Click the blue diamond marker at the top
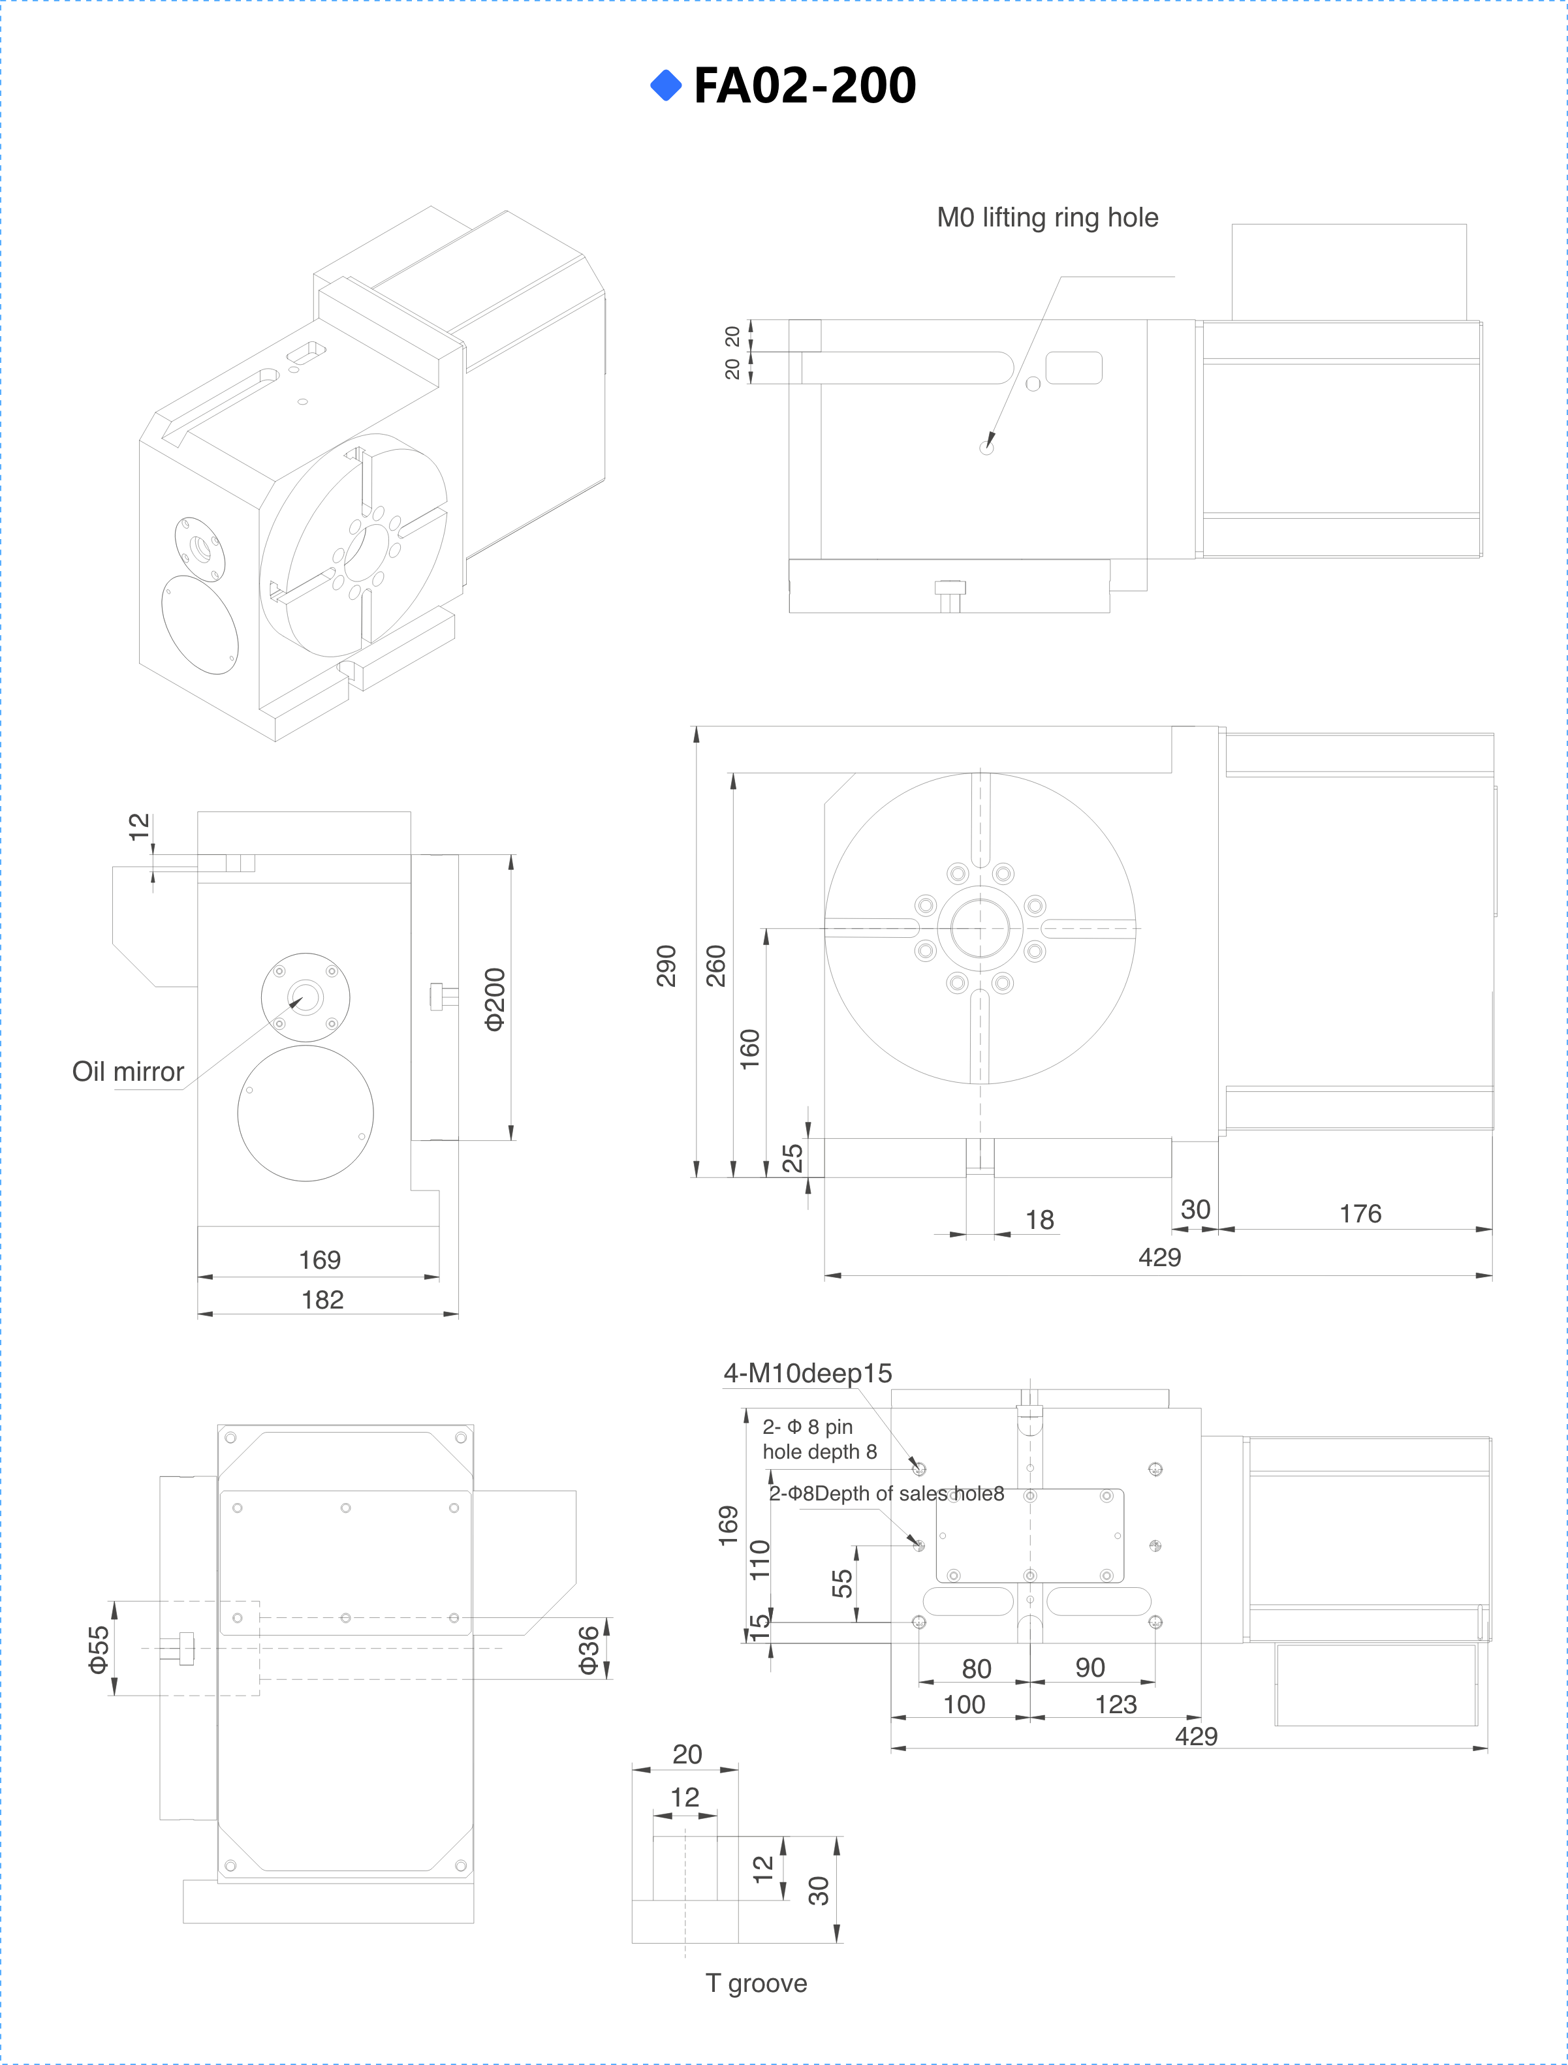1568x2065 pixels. pos(666,85)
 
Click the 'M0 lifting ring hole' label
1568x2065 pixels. pos(1047,217)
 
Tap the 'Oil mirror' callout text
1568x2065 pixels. pos(128,1072)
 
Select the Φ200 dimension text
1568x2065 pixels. pos(495,999)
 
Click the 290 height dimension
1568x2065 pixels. pos(666,965)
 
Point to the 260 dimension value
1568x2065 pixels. pos(716,965)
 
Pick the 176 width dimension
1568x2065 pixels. pos(1360,1213)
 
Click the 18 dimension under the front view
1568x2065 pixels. pos(1039,1219)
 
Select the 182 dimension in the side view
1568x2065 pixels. pos(322,1299)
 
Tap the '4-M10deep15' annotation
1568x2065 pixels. pos(807,1373)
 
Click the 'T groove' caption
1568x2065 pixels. pos(755,1983)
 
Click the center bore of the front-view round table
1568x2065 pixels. pos(980,929)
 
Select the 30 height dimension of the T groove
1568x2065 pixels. pos(818,1891)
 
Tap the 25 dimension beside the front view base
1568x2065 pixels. pos(792,1158)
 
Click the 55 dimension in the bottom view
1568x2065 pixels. pos(841,1582)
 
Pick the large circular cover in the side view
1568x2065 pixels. pos(306,1113)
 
